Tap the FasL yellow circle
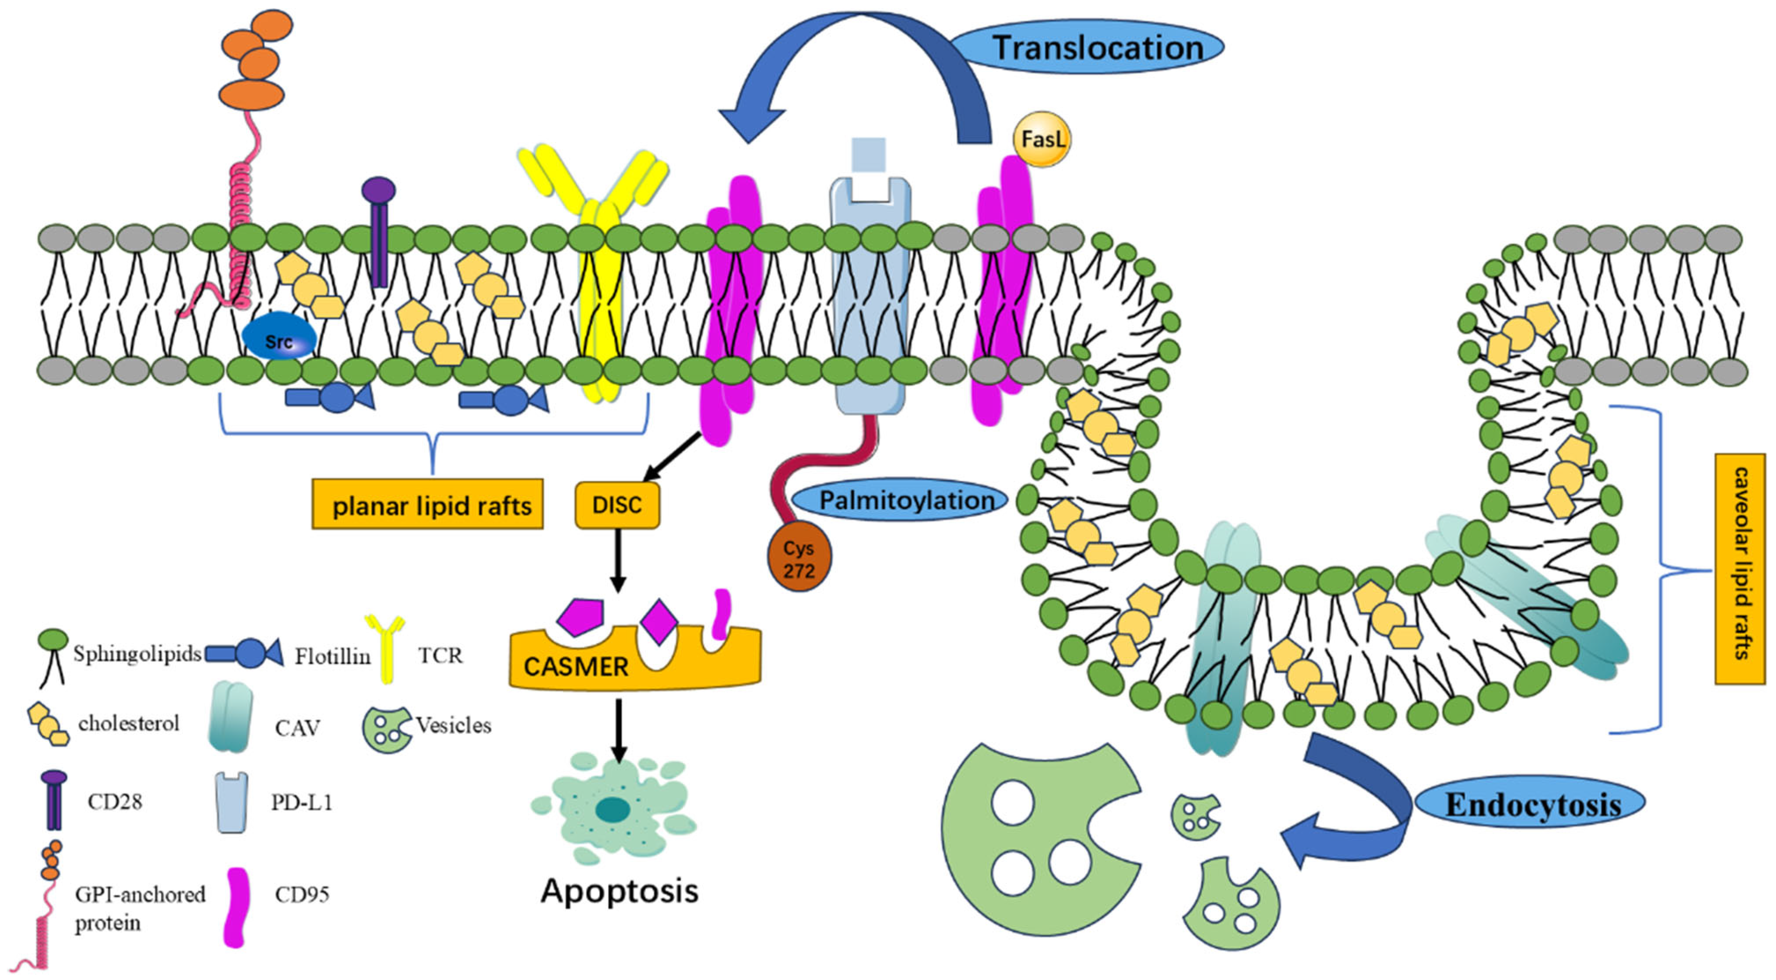(1042, 140)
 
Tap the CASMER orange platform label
(576, 666)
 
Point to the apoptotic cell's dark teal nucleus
(612, 810)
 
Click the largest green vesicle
(1034, 838)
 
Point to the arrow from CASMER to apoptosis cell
(619, 731)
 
